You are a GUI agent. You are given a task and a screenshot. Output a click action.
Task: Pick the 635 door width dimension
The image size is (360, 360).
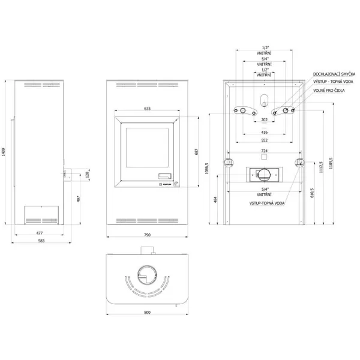pos(147,109)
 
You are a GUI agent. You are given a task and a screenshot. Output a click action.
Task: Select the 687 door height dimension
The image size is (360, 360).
pos(196,152)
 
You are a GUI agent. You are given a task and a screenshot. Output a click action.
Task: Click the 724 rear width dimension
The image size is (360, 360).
pos(265,151)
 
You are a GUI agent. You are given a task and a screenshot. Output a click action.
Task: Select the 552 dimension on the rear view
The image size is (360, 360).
pos(265,140)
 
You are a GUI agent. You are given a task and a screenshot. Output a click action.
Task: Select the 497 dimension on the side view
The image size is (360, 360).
pos(78,199)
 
